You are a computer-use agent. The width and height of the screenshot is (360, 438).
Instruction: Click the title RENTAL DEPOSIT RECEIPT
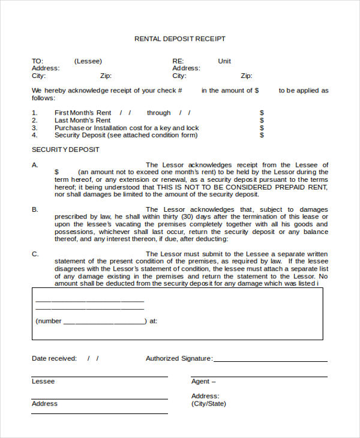click(180, 39)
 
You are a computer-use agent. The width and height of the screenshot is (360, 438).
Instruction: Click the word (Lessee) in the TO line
click(88, 61)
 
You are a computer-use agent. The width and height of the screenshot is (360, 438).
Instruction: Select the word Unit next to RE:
click(224, 61)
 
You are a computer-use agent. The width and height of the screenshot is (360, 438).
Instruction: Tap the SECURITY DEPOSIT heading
click(65, 149)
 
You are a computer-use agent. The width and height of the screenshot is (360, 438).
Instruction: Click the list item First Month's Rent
click(83, 113)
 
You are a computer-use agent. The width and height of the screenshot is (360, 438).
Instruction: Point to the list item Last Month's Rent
click(82, 121)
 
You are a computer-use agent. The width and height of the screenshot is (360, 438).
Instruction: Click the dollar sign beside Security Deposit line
click(262, 136)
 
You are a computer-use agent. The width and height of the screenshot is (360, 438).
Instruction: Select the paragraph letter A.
click(35, 165)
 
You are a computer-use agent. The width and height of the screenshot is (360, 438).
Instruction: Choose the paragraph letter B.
click(35, 209)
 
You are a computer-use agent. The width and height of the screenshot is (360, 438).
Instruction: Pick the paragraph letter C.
click(35, 254)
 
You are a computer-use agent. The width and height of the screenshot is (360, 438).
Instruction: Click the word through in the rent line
click(159, 113)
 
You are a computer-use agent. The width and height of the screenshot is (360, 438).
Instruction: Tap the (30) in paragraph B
click(187, 217)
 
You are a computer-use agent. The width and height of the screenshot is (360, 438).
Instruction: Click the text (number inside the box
click(49, 321)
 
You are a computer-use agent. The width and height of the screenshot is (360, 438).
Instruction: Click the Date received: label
click(54, 359)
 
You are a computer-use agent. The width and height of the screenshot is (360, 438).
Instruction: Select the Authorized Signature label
click(179, 359)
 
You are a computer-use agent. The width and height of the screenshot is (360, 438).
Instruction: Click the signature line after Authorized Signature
click(270, 361)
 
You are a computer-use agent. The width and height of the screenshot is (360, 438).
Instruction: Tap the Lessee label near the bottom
click(43, 382)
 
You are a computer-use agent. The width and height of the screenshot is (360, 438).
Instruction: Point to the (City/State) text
click(209, 404)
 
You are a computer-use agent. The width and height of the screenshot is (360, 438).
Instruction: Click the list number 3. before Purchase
click(35, 128)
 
